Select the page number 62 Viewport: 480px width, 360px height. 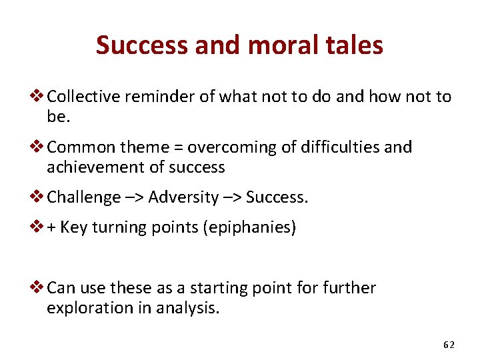pos(449,345)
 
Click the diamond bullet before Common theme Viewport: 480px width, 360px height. pos(39,147)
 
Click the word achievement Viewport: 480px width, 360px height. pos(93,167)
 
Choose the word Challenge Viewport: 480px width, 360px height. pos(84,197)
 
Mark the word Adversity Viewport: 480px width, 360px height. pos(184,197)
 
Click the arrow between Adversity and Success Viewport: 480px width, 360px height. pos(233,197)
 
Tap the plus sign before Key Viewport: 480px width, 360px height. pos(52,227)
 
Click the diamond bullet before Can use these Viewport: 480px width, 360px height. pos(39,288)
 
